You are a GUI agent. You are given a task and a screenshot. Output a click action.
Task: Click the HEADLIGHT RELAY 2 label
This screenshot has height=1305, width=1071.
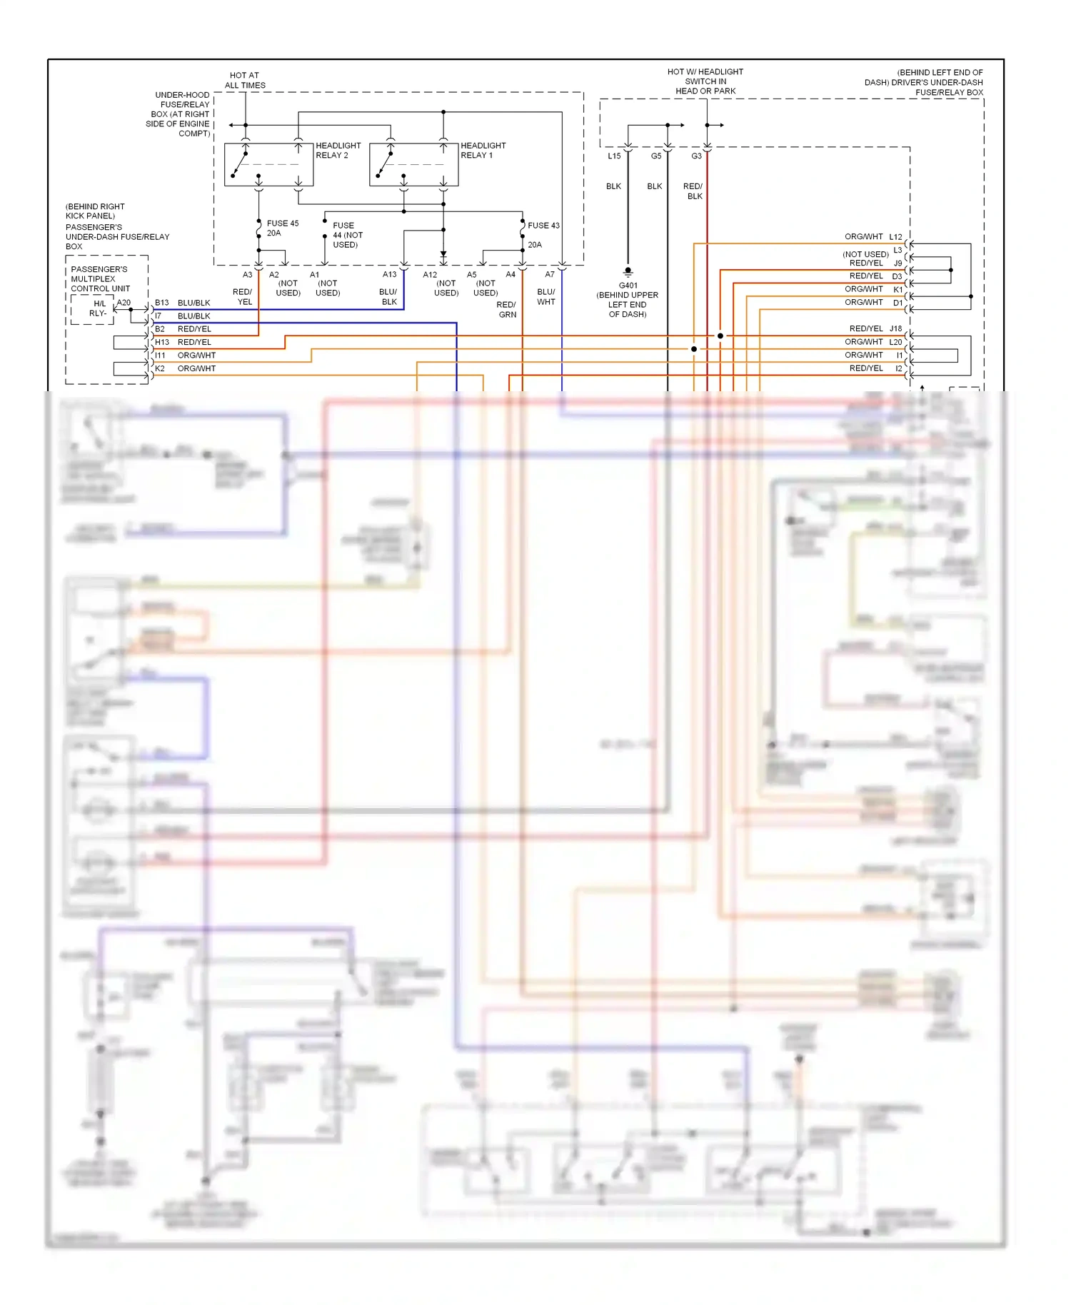point(338,150)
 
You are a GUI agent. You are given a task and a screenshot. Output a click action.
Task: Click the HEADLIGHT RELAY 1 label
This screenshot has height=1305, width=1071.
point(483,150)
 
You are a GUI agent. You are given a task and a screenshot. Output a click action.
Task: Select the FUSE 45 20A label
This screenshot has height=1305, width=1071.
point(282,228)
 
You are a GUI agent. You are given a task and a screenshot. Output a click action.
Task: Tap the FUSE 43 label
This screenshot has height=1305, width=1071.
point(543,226)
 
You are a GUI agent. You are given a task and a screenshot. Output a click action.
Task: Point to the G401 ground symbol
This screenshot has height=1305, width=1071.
point(628,272)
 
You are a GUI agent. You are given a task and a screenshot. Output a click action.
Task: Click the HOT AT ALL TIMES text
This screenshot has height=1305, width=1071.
point(245,80)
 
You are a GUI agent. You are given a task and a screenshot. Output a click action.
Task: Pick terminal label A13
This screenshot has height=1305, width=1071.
point(389,274)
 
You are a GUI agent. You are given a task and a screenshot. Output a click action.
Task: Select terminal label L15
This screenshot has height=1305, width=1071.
point(614,156)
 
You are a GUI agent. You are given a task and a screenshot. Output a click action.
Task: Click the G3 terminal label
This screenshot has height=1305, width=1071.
point(696,156)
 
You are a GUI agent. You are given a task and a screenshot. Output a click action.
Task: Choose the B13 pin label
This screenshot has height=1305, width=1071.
point(162,303)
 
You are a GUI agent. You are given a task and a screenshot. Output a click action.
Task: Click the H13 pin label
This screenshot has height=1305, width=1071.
point(162,342)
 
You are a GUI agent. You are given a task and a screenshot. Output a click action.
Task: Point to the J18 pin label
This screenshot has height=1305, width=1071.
point(895,328)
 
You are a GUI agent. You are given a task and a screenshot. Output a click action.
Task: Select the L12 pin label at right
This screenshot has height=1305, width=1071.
point(895,236)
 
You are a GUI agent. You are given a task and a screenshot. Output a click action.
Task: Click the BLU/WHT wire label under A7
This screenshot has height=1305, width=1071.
point(546,297)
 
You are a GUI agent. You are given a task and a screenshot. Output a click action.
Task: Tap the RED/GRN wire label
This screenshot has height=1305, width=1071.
point(507,309)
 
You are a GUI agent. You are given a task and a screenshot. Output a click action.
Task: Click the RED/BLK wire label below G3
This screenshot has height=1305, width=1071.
point(693,191)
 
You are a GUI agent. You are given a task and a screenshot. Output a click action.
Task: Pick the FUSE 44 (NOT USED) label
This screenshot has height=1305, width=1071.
point(347,235)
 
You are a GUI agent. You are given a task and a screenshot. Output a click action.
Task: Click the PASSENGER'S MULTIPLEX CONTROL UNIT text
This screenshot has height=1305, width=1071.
point(100,279)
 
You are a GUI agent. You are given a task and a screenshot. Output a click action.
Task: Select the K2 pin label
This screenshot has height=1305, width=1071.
point(160,368)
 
